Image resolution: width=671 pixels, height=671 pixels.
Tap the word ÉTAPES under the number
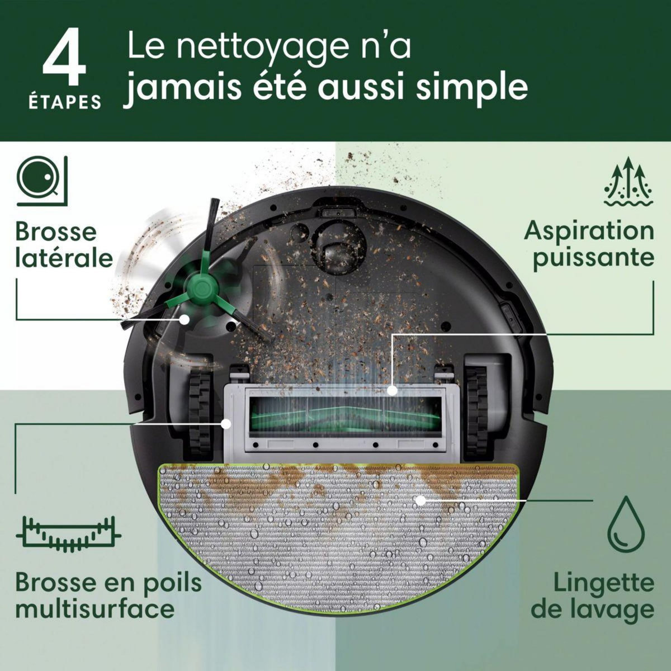(x=65, y=102)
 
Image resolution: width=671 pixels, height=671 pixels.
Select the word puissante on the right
(x=593, y=258)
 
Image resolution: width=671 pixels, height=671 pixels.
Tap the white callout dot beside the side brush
(x=183, y=319)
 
